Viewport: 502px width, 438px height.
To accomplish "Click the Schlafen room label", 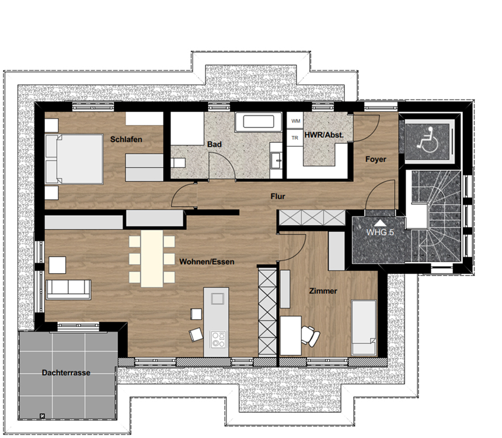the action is point(126,140).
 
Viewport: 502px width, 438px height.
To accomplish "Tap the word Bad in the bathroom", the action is point(214,144).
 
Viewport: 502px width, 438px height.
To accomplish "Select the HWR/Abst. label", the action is point(324,135).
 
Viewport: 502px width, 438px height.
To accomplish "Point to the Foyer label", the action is point(376,160).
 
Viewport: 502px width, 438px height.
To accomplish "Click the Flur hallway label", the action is point(278,196).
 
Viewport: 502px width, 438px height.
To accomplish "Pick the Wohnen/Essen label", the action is point(207,261).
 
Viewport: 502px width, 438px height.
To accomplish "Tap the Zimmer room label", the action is point(323,291).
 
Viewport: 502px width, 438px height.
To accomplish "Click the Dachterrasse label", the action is point(66,373).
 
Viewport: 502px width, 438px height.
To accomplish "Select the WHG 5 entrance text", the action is point(380,232).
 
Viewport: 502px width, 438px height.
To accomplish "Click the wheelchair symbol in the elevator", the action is point(427,140).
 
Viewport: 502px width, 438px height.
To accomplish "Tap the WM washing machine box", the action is point(295,121).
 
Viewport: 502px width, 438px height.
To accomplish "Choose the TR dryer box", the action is point(295,138).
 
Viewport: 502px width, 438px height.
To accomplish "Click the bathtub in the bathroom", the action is point(259,122).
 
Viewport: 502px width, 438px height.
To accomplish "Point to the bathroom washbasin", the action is point(276,160).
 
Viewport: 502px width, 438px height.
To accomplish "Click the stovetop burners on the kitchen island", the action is point(219,340).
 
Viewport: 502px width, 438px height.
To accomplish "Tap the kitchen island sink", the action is point(217,299).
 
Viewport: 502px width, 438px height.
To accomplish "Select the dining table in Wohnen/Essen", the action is point(152,258).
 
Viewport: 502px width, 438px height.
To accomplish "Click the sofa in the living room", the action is point(68,289).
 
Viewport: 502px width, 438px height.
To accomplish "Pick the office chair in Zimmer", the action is point(310,336).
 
